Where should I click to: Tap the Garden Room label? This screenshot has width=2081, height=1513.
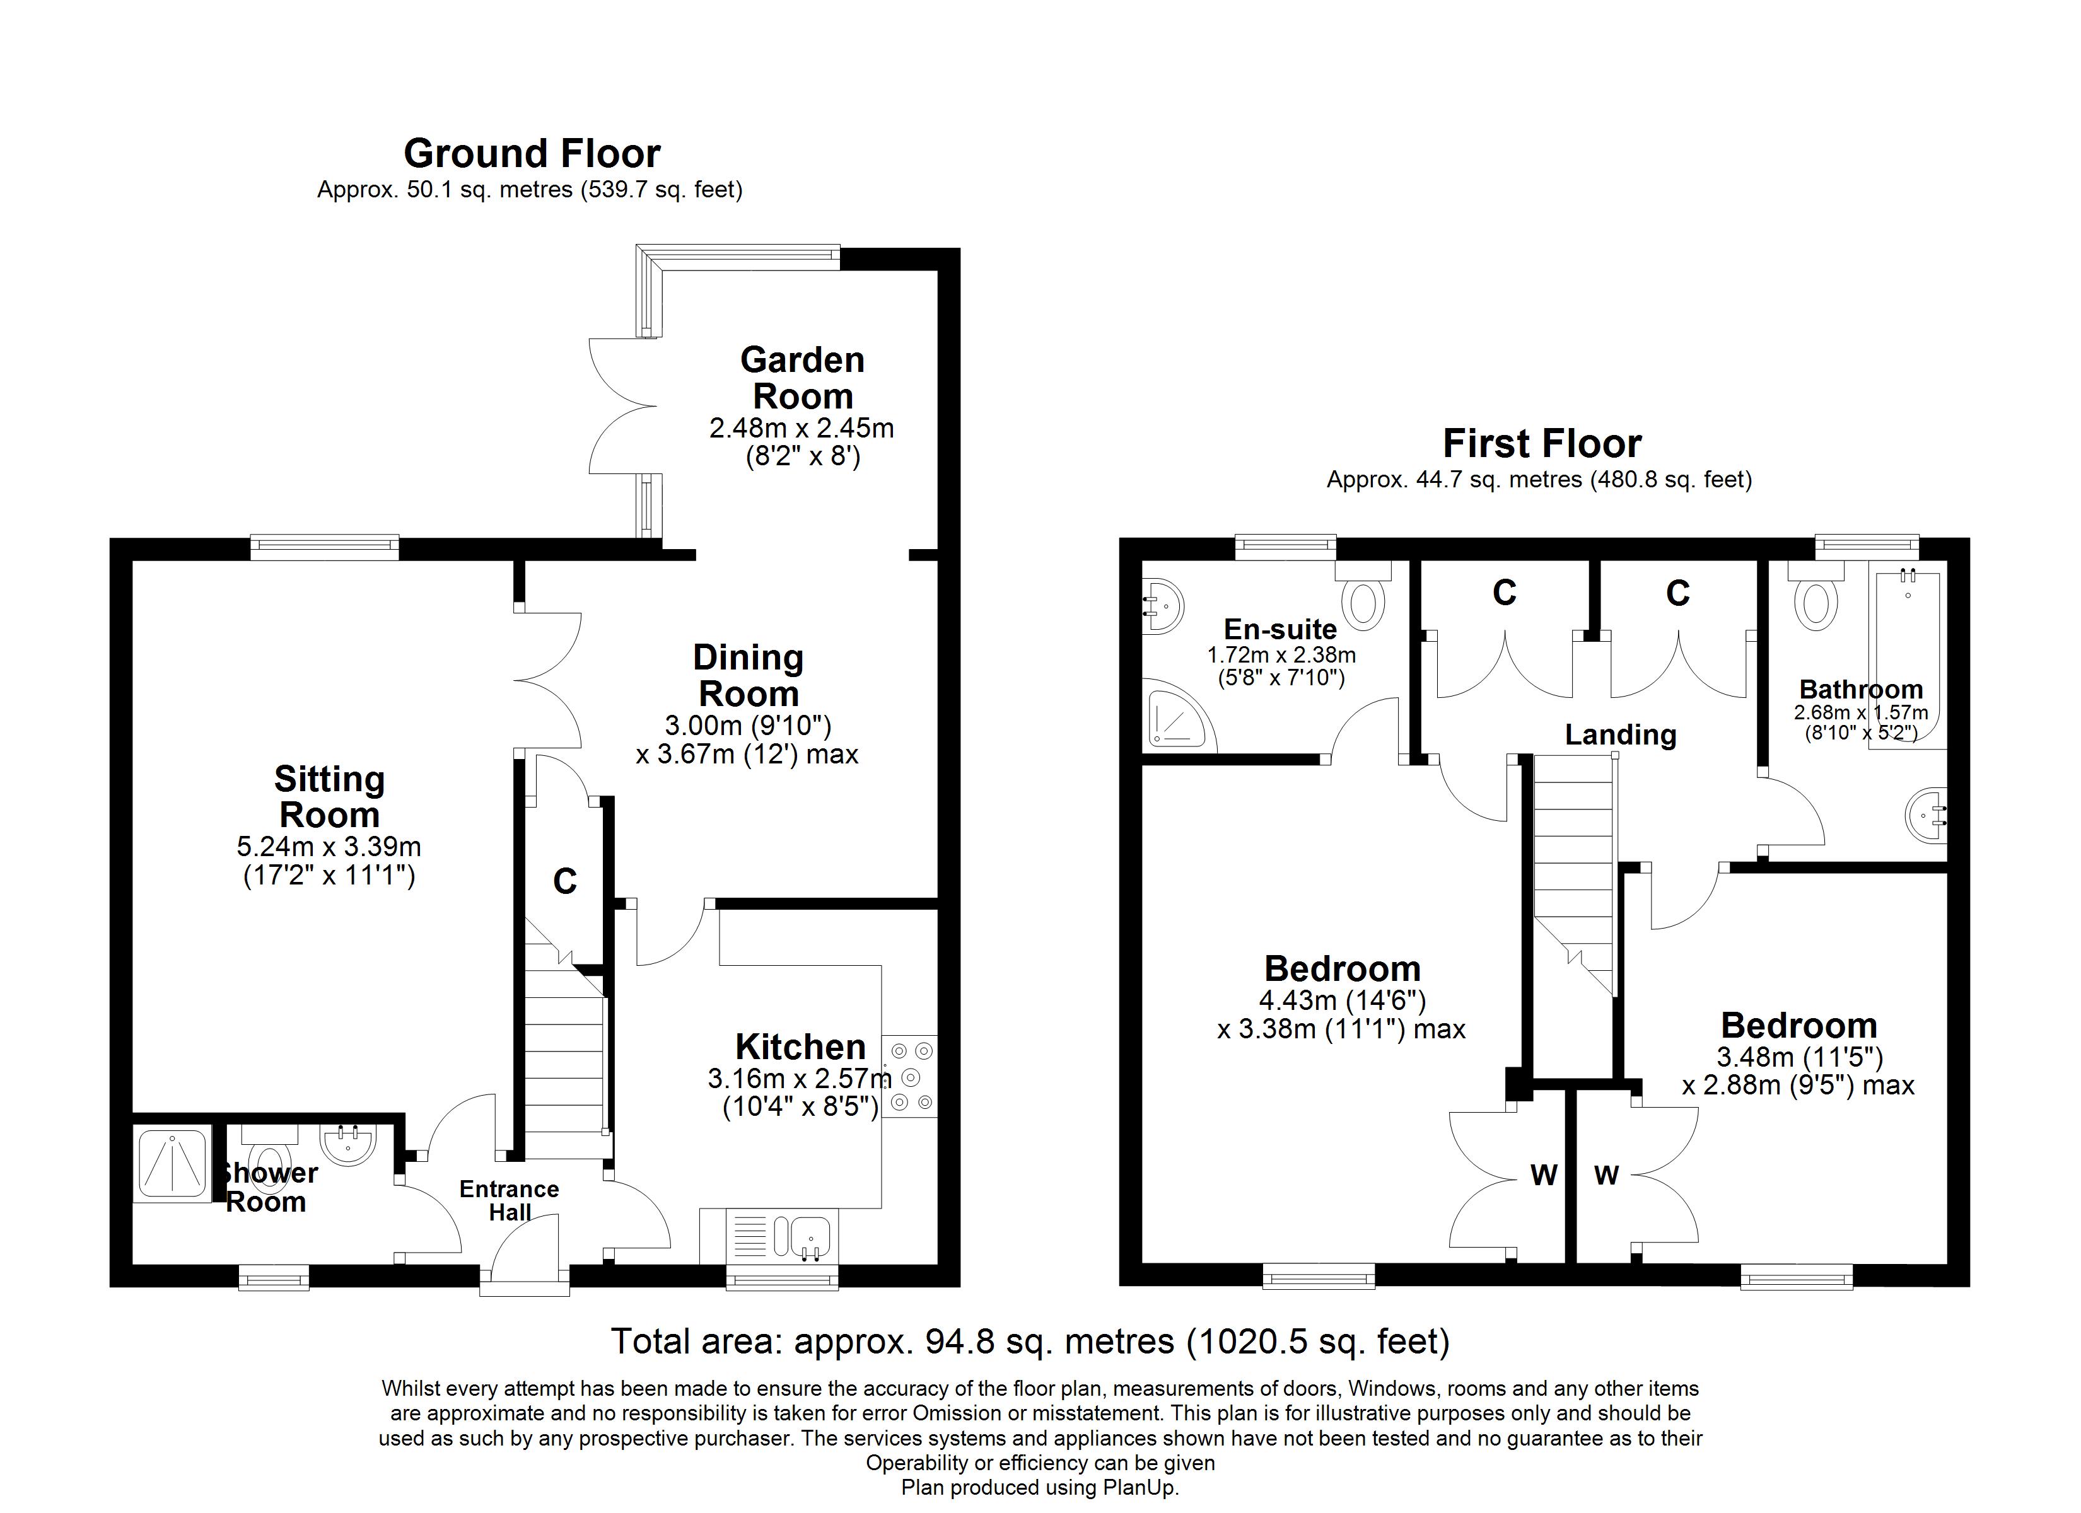802,378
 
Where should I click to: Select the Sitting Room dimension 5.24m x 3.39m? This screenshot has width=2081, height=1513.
329,846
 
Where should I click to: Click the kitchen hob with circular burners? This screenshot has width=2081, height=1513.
909,1076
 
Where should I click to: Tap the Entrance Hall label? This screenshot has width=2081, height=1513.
510,1200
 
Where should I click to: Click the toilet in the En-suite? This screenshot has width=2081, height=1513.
1363,602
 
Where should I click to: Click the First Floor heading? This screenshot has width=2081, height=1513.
1541,444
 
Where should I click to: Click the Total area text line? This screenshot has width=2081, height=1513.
1030,1342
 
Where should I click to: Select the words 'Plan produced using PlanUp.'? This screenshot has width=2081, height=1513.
1040,1487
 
